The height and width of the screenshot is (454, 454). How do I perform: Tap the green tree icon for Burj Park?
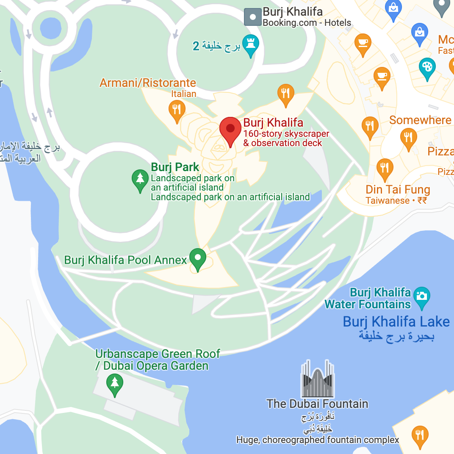click(140, 180)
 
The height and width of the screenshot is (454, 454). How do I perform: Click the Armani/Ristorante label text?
click(148, 83)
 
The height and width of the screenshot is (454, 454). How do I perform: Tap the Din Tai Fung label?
click(398, 189)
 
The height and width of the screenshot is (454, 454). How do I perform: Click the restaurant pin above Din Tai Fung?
click(385, 168)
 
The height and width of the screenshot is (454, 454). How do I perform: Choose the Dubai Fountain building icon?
click(318, 379)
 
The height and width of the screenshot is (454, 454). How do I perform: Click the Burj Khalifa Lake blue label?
click(396, 321)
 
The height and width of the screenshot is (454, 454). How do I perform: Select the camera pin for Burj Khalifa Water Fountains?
click(421, 296)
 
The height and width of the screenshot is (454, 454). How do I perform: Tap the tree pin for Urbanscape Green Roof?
click(114, 384)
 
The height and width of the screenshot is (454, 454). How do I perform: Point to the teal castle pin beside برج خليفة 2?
click(251, 44)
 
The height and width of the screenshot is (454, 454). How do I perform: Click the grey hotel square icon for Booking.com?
click(253, 17)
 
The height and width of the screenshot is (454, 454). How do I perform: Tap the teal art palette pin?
click(427, 68)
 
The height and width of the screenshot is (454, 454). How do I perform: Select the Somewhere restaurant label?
click(420, 120)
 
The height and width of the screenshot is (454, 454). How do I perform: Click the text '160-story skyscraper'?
click(286, 134)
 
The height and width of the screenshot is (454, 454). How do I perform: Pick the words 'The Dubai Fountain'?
click(317, 404)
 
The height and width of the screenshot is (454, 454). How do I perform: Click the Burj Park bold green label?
click(175, 167)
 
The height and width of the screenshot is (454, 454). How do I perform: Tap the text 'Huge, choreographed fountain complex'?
click(318, 440)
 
